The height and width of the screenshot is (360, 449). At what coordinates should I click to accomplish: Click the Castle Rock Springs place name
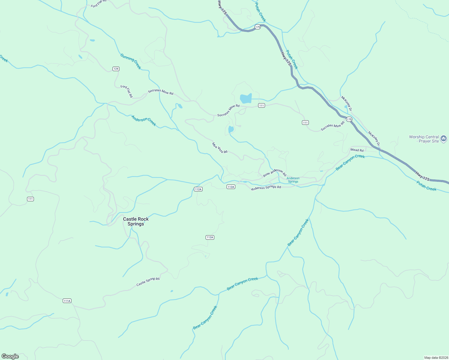tap(136, 221)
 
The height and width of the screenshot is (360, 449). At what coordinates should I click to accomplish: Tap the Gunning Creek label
tap(131, 61)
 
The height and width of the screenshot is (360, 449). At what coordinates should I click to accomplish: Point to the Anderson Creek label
tap(144, 121)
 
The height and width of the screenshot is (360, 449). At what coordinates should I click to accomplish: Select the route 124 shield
tap(116, 69)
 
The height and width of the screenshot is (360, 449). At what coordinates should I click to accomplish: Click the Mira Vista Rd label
tap(220, 148)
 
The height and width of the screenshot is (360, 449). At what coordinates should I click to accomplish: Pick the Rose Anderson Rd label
tap(275, 173)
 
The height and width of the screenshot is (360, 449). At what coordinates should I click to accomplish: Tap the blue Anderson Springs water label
tap(293, 180)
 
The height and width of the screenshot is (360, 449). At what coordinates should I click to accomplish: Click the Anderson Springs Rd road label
tap(266, 187)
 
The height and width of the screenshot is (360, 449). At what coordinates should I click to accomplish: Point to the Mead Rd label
tap(357, 150)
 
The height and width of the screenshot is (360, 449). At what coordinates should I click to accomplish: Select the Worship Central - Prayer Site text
tap(424, 139)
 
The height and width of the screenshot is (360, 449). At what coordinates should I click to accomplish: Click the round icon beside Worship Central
tap(444, 139)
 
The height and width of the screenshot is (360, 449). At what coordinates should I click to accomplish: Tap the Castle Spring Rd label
tap(148, 281)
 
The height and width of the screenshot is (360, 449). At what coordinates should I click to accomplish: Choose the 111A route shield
tap(67, 301)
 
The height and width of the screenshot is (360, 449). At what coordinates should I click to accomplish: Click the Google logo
tap(10, 356)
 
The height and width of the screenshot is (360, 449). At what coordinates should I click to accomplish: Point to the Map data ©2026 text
tap(435, 358)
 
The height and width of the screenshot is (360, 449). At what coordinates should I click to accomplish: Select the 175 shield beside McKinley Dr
tap(349, 119)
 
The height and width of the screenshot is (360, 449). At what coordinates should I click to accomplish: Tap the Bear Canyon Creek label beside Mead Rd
tap(350, 162)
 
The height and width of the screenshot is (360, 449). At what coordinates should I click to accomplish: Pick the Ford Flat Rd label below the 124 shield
tap(126, 91)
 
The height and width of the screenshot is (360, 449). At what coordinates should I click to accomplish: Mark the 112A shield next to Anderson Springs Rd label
tap(231, 187)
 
